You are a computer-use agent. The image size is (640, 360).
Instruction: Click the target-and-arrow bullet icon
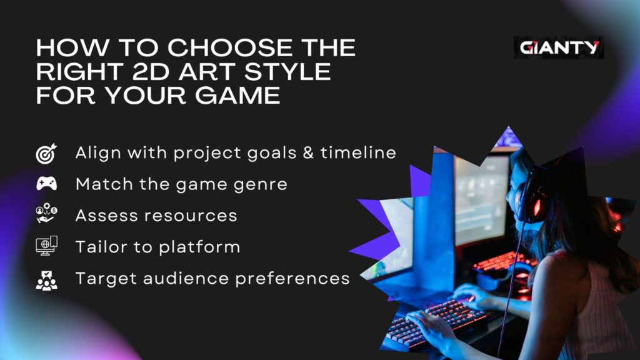46,153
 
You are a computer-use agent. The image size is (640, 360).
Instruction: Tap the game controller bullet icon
46,184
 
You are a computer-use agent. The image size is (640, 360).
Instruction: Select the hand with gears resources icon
46,216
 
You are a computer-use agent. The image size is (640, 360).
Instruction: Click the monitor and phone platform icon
46,246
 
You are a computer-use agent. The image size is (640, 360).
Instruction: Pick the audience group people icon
46,279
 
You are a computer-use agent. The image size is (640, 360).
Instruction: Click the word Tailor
99,246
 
